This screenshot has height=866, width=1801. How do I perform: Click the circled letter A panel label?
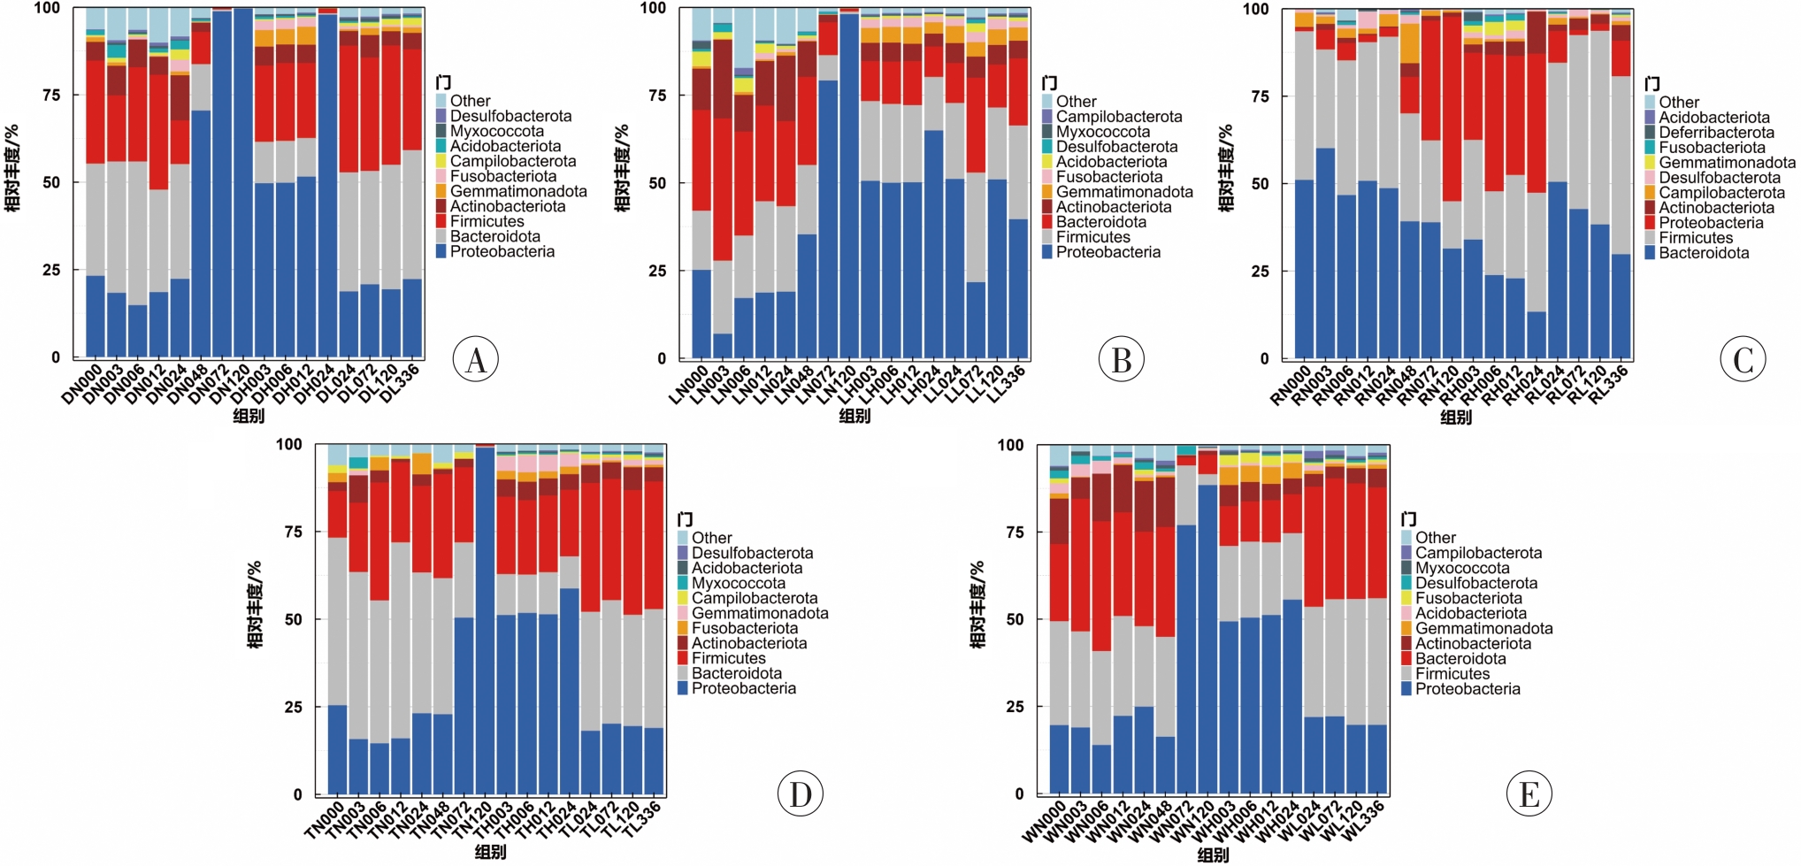click(x=476, y=359)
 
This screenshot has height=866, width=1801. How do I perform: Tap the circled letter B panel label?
click(x=1121, y=359)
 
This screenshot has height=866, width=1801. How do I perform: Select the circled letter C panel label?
click(x=1743, y=359)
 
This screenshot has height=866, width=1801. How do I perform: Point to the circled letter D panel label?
click(x=801, y=793)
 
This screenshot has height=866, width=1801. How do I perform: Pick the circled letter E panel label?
click(x=1529, y=793)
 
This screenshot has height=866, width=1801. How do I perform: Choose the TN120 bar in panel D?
click(x=485, y=619)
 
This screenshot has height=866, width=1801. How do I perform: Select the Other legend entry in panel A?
click(x=469, y=101)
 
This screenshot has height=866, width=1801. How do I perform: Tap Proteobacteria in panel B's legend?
click(x=1107, y=252)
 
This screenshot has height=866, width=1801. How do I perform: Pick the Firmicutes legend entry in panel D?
click(x=728, y=658)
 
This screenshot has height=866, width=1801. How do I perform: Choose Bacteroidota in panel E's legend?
click(x=1460, y=659)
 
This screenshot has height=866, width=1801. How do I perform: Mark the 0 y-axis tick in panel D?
click(x=297, y=794)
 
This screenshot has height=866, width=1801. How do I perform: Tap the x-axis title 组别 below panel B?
click(x=855, y=416)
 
